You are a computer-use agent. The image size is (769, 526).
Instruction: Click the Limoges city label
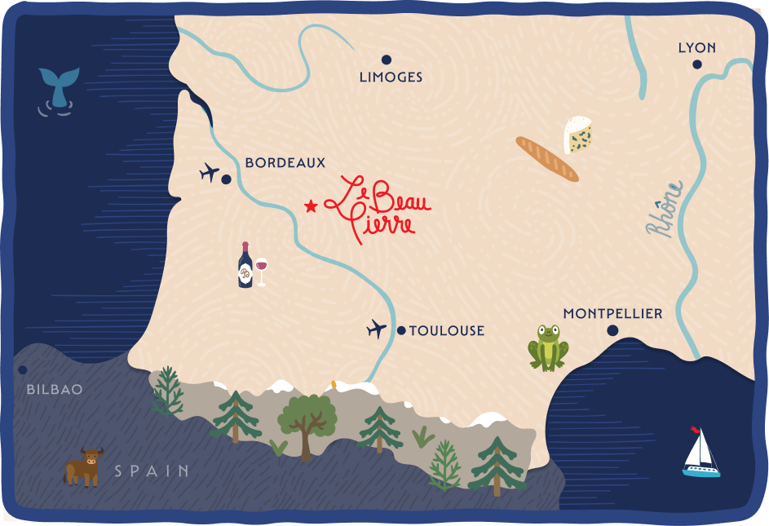[x=391, y=77]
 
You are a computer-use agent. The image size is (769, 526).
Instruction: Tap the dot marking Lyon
[x=697, y=64]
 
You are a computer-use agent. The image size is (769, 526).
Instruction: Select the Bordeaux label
[x=285, y=163]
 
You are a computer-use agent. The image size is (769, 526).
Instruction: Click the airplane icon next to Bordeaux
[x=210, y=173]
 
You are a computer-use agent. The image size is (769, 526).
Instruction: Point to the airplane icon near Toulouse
[x=376, y=329]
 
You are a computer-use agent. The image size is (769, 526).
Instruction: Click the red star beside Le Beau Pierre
[x=310, y=206]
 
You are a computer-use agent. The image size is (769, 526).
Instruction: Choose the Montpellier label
[x=612, y=314]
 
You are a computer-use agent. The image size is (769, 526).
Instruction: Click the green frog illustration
[x=548, y=347]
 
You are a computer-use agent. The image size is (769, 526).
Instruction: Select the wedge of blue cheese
[x=579, y=135]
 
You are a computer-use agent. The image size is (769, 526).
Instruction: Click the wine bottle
[x=245, y=266]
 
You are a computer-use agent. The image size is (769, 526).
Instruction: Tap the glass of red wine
[x=261, y=271]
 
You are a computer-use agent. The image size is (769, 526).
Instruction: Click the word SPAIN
[x=152, y=471]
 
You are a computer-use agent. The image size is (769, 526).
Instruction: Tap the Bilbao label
[x=55, y=390]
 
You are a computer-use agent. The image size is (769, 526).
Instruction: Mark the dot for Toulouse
[x=401, y=330]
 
